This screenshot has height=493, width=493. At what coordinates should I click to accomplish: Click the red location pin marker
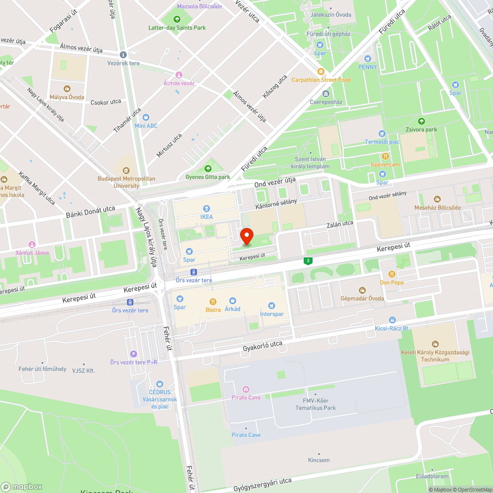(246, 236)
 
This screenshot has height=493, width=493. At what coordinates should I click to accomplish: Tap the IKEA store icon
(207, 209)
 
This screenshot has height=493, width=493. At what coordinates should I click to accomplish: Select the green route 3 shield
(308, 260)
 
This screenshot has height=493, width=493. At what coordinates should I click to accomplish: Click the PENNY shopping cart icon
(367, 59)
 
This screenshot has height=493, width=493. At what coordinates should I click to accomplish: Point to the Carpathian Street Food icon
(321, 71)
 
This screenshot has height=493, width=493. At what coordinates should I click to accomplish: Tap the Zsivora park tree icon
(421, 121)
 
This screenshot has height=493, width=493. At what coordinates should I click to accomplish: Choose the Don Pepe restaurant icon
(392, 274)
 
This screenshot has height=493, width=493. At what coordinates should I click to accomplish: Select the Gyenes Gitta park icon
(208, 169)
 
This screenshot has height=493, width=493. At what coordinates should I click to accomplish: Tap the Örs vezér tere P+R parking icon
(133, 353)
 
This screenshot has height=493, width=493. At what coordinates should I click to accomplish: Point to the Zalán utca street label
(340, 224)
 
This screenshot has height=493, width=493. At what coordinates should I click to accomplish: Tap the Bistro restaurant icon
(213, 301)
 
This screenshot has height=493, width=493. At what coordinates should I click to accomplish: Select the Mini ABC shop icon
(145, 117)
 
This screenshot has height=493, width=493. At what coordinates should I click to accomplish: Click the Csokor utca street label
(106, 102)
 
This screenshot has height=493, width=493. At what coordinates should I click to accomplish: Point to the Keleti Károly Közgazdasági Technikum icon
(435, 344)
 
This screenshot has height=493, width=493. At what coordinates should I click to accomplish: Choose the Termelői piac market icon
(382, 134)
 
